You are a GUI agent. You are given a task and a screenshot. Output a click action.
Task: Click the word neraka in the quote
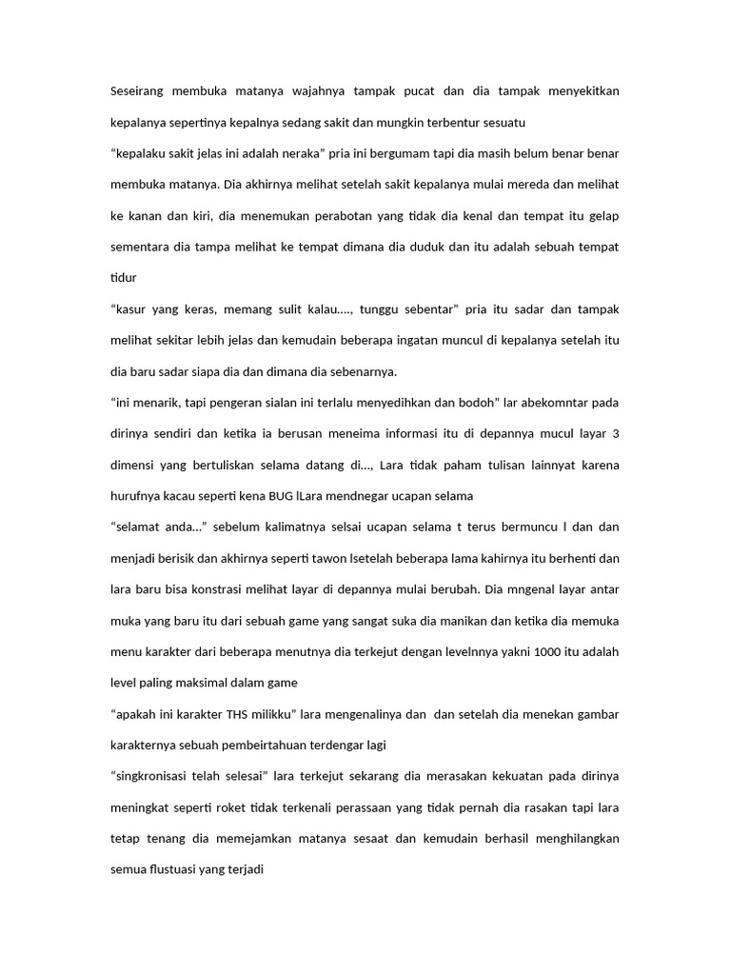coord(299,153)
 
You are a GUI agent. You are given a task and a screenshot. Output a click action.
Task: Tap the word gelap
coord(602,215)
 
